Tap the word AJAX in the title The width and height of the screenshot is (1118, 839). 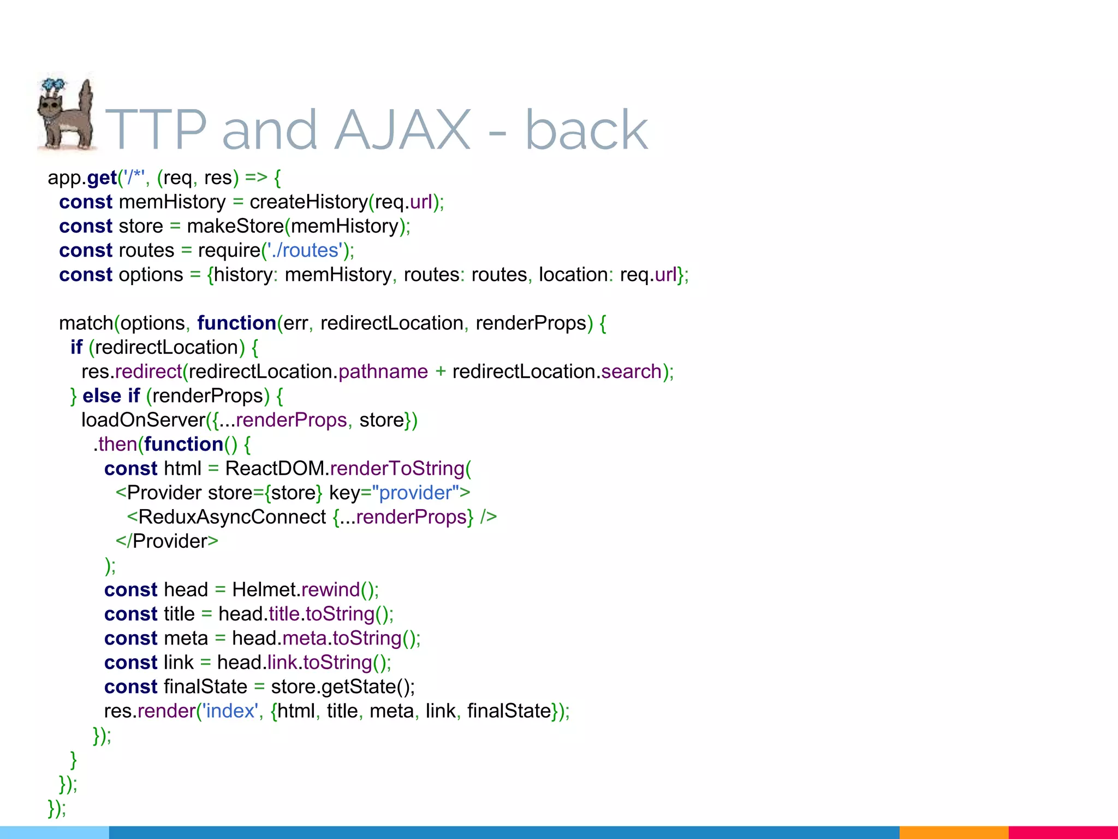pos(402,130)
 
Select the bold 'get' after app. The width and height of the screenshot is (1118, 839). pos(102,178)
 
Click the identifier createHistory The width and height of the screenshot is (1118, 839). pos(308,202)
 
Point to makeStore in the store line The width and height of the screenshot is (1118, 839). pos(235,226)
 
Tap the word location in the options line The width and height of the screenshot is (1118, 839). pos(573,275)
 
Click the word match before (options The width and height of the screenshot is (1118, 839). pos(86,323)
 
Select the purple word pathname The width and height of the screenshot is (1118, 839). pos(383,372)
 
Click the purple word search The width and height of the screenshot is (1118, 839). pos(631,372)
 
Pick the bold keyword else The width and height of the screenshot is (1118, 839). pos(102,396)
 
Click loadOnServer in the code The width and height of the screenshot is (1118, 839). pos(143,420)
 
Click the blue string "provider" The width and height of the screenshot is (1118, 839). pos(416,493)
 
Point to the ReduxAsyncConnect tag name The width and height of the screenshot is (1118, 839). pos(232,517)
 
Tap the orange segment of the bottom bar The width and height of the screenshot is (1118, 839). pos(953,832)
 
